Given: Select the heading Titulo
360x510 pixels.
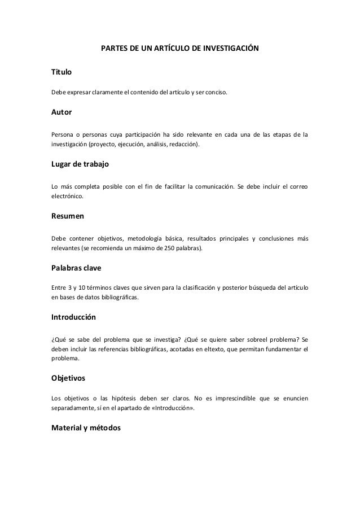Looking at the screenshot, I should point(62,73).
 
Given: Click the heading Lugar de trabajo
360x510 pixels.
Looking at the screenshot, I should point(80,164).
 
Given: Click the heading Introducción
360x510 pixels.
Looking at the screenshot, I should point(73,317).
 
